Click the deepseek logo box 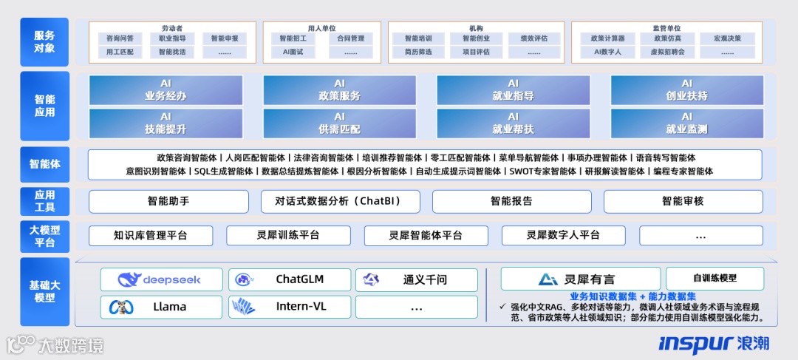pos(160,279)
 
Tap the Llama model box pos(160,306)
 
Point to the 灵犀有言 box pos(580,279)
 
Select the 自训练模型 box pos(715,279)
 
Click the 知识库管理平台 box pos(151,235)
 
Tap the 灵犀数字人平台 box pos(563,235)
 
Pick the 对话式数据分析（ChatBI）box pos(340,201)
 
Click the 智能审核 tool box pos(683,201)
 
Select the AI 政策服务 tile pos(339,90)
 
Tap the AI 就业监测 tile pos(686,123)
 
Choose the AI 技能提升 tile pos(166,123)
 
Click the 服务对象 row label pos(44,42)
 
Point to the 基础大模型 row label pos(44,291)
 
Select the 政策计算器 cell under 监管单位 pos(601,38)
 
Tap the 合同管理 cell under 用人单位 pos(350,38)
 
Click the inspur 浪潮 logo pos(713,344)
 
